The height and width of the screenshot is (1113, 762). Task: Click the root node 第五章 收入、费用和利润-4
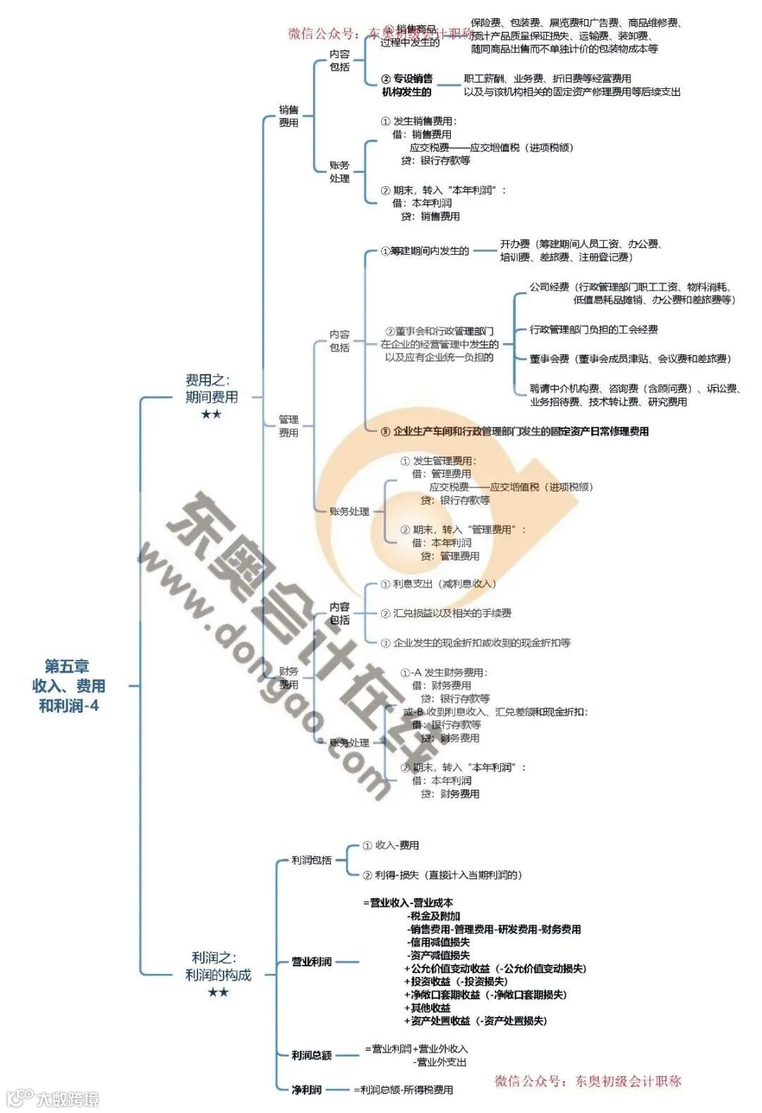coord(68,685)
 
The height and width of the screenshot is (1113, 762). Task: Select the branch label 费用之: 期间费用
coord(211,389)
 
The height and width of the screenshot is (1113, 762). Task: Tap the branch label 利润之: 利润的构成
coord(218,966)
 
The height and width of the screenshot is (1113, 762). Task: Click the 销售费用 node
coord(289,116)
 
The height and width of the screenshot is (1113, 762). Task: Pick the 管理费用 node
coord(288,426)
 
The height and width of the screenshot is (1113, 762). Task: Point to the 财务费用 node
coord(288,678)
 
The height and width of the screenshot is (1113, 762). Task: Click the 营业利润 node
coord(312,961)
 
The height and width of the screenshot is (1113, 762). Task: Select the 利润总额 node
coord(312,1055)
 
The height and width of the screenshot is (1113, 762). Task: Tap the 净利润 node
coord(307,1090)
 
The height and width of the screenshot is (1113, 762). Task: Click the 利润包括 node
coord(311,860)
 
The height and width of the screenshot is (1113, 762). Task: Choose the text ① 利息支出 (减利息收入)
coord(438,584)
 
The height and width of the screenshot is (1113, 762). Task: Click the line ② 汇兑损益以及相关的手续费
coord(446,613)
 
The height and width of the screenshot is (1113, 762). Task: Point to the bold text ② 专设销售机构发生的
coord(406,85)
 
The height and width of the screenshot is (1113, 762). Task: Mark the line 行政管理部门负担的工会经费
coord(593,330)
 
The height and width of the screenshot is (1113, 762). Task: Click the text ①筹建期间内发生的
coord(425,251)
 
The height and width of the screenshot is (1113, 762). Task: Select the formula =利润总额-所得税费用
coord(404,1090)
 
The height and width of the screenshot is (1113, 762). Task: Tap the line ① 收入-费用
coord(391,845)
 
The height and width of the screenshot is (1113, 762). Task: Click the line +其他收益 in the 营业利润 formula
coord(428,1008)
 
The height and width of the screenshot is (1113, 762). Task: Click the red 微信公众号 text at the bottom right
coord(588,1081)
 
